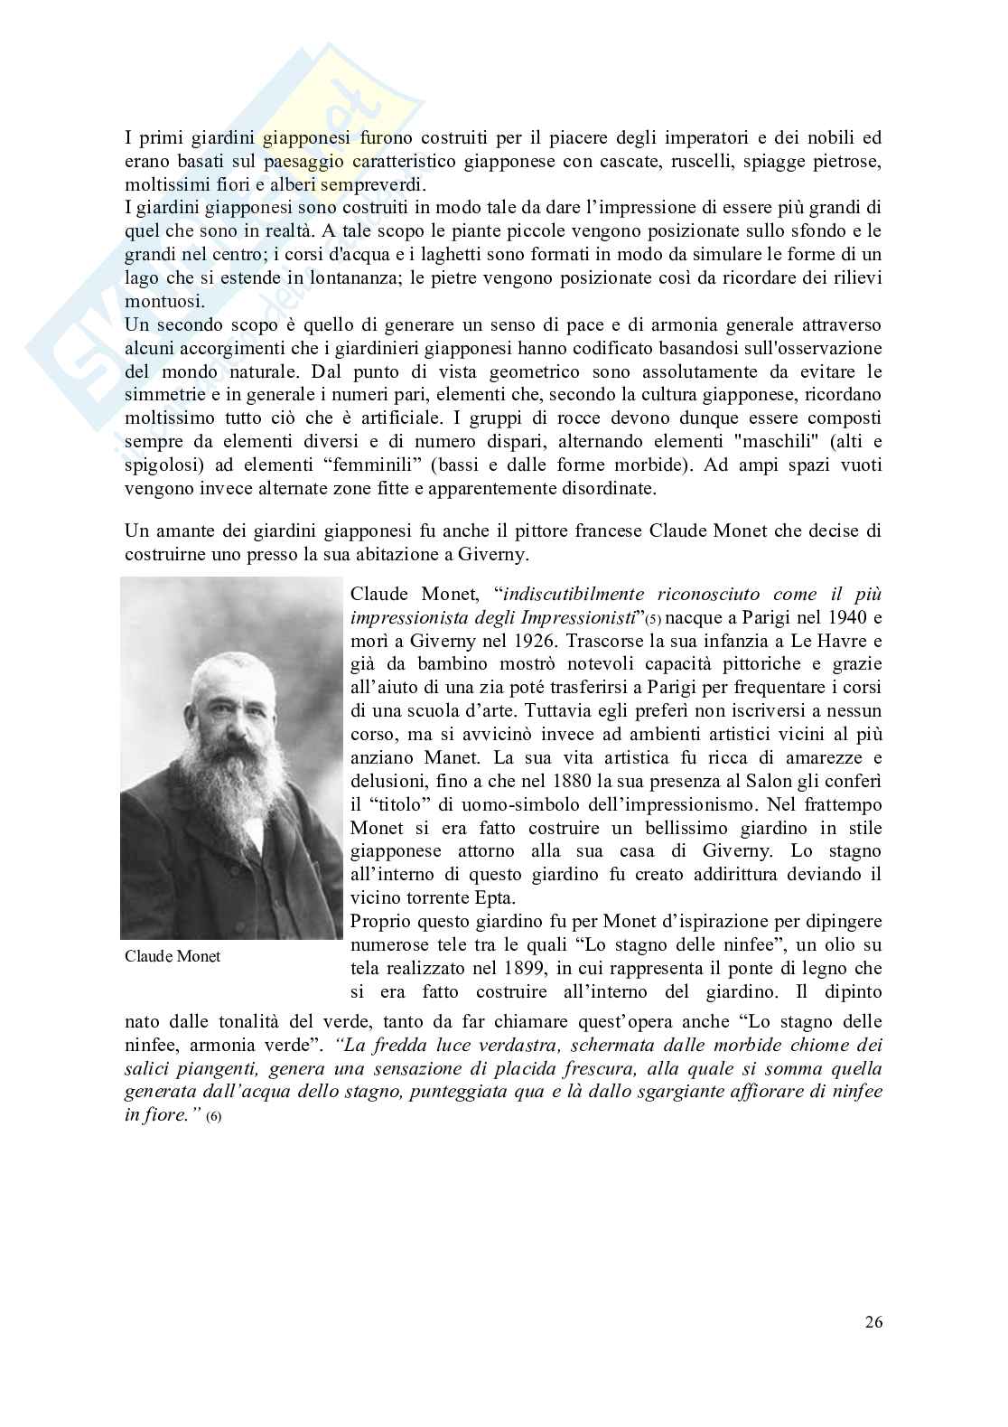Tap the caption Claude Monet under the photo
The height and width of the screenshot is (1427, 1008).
pos(173,956)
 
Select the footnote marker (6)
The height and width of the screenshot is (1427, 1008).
pos(213,1118)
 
